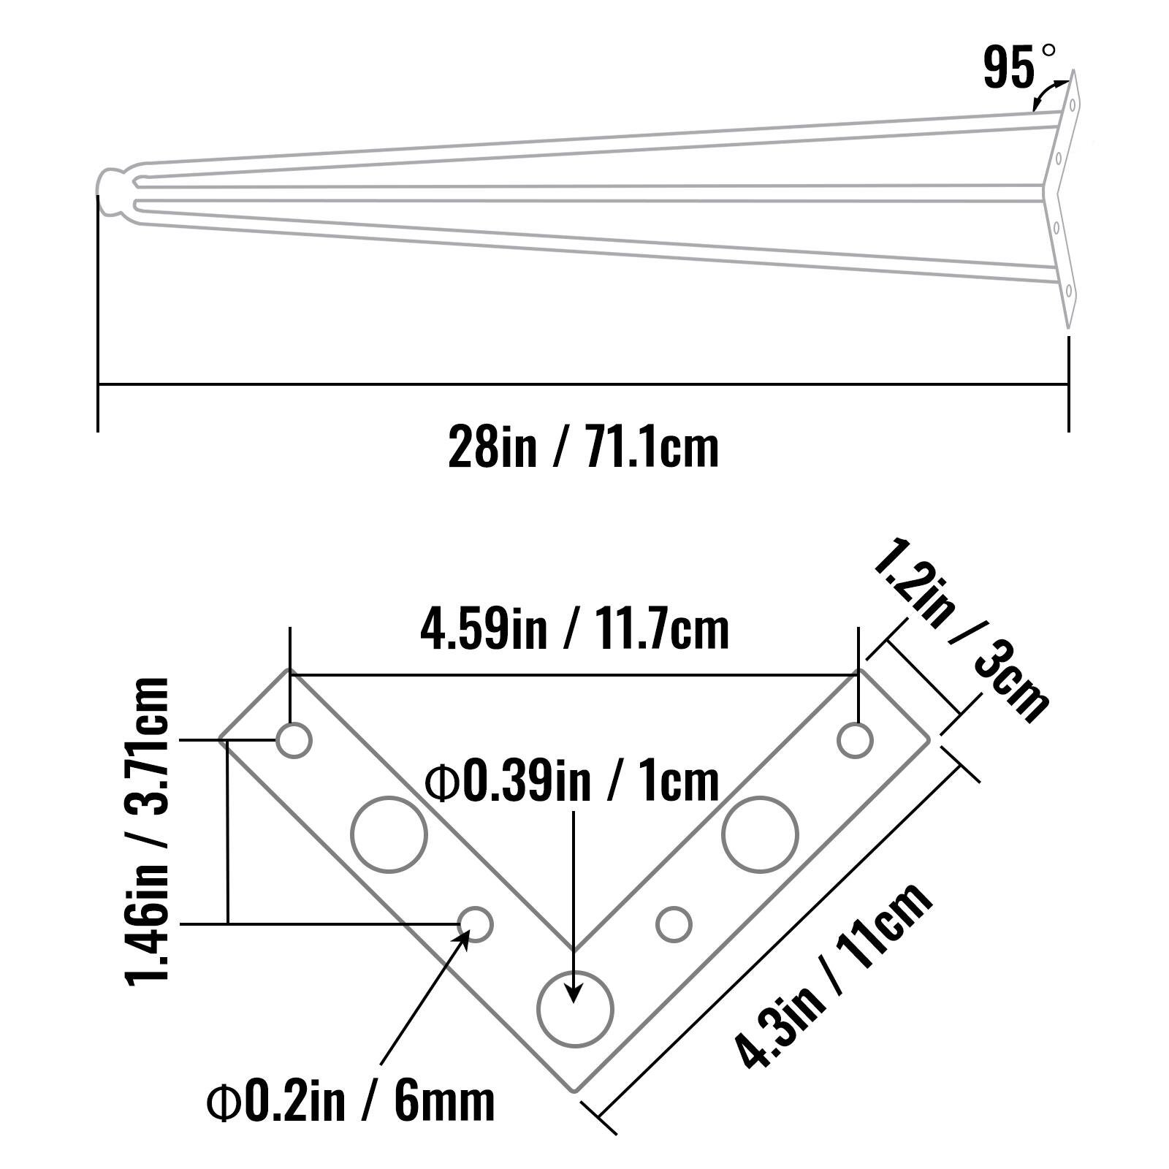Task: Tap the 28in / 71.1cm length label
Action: pos(583,447)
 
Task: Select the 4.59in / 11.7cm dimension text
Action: pos(574,631)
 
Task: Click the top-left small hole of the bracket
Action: pos(294,740)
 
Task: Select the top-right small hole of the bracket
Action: pos(855,740)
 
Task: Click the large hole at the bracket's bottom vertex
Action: pos(575,1009)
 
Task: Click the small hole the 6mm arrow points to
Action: pos(476,924)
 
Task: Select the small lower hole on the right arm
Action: pos(674,924)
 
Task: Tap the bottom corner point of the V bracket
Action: pos(574,1093)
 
